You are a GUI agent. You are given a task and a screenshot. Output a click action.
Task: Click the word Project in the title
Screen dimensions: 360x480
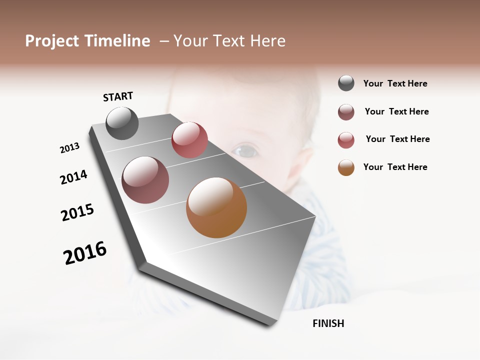click(x=52, y=41)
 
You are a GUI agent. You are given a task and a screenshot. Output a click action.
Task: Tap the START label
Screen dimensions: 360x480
click(x=118, y=96)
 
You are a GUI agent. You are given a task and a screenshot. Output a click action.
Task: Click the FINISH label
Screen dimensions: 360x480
click(x=328, y=323)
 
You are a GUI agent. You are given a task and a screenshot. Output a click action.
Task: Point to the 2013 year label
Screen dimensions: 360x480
click(x=69, y=148)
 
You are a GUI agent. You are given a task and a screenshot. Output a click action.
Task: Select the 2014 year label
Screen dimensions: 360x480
click(x=73, y=177)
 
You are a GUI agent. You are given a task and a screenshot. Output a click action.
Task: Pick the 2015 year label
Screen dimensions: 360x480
click(x=77, y=212)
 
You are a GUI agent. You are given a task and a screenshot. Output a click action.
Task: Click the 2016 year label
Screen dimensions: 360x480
click(x=85, y=253)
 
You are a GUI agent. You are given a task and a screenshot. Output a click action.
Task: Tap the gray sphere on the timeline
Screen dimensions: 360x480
click(x=122, y=123)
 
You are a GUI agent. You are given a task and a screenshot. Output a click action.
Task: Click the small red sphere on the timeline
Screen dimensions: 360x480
click(x=189, y=140)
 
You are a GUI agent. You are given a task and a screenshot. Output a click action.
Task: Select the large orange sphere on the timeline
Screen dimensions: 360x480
click(x=216, y=207)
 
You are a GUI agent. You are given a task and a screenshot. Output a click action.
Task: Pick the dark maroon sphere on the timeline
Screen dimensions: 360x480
click(x=145, y=180)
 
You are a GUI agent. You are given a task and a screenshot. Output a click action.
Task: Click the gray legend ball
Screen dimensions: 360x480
click(x=346, y=83)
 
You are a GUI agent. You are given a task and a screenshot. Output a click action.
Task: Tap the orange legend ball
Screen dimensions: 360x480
click(x=346, y=167)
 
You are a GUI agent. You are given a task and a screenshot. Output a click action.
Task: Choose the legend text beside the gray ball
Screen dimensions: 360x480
click(x=395, y=83)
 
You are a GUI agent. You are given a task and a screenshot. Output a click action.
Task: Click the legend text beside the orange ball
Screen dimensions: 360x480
click(x=395, y=167)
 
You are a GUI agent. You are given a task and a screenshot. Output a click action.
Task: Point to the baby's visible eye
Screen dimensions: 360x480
click(x=245, y=149)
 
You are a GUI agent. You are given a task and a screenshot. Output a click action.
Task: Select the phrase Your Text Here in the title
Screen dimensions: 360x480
click(x=229, y=41)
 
